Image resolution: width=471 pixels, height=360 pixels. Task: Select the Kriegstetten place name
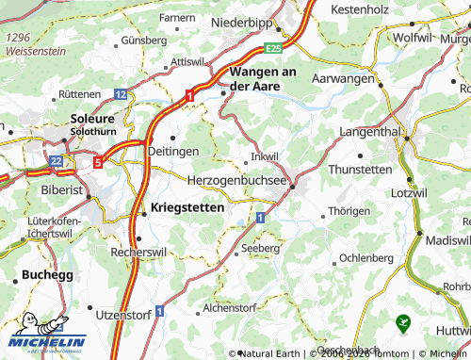(x=187, y=207)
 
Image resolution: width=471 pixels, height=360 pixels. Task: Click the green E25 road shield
(x=273, y=46)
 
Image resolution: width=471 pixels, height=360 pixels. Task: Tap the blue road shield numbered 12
(x=121, y=94)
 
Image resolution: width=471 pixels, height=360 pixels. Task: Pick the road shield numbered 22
(x=57, y=162)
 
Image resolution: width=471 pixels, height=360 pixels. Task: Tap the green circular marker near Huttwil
(x=404, y=322)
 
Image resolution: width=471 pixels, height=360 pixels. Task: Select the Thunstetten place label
(x=360, y=169)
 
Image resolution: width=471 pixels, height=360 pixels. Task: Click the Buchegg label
(x=44, y=277)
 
